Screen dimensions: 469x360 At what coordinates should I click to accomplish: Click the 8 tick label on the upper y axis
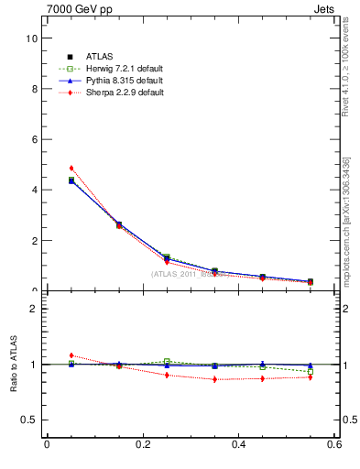point(33,89)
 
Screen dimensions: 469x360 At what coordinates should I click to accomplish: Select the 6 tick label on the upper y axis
point(33,139)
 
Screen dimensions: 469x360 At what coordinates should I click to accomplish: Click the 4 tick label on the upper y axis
point(33,191)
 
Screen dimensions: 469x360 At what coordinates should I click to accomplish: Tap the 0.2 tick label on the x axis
point(142,445)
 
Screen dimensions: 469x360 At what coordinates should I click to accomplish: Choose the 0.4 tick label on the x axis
point(238,445)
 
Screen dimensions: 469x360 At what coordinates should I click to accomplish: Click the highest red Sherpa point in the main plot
point(71,169)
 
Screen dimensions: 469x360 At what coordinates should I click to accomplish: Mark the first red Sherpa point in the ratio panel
point(71,355)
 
